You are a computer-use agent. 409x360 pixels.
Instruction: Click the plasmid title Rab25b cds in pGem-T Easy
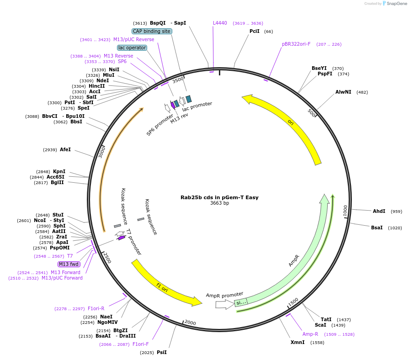(219, 197)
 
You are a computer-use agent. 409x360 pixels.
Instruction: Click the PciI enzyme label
(255, 31)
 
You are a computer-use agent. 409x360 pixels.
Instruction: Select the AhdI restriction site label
(379, 211)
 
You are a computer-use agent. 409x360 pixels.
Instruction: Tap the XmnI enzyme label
(297, 342)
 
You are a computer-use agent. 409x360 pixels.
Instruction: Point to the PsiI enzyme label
(162, 352)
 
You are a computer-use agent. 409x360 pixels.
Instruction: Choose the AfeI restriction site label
(65, 149)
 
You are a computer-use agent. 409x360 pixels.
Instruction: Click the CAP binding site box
(152, 31)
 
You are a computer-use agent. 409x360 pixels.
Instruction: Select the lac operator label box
(132, 48)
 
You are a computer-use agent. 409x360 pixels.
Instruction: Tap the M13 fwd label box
(69, 264)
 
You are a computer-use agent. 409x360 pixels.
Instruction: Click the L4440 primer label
(220, 23)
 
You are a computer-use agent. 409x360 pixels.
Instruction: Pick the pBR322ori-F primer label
(296, 44)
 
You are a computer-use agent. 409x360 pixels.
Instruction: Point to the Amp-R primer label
(310, 334)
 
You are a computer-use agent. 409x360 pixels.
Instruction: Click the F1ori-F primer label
(141, 344)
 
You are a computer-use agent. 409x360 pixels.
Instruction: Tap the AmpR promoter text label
(224, 295)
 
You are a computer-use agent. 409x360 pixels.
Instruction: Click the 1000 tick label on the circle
(345, 211)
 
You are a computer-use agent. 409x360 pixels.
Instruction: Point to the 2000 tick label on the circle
(190, 323)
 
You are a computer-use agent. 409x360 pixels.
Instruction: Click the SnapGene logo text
(396, 4)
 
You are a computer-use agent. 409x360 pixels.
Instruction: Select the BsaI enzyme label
(377, 228)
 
